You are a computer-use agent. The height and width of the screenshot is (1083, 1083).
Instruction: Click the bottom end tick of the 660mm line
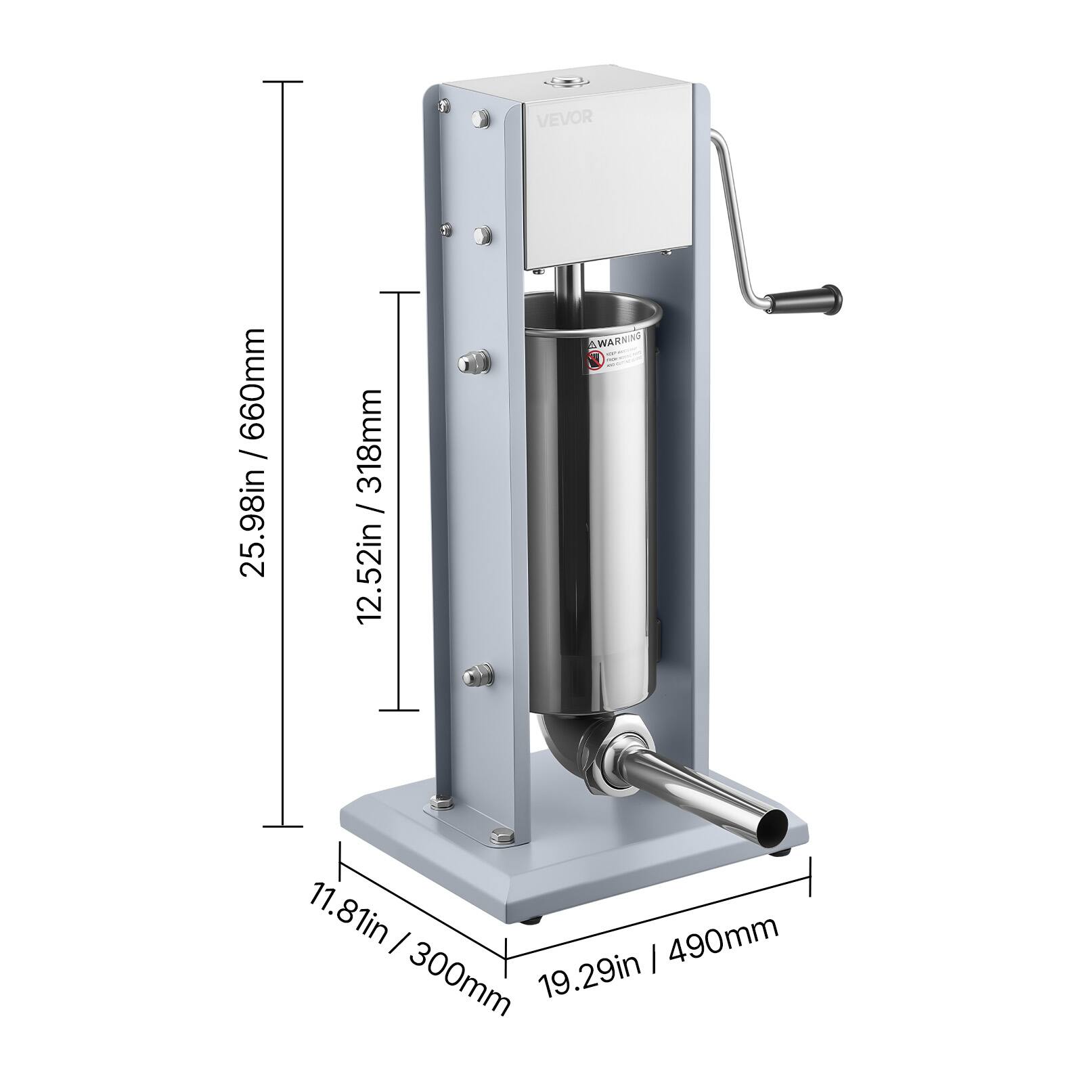click(x=282, y=825)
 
